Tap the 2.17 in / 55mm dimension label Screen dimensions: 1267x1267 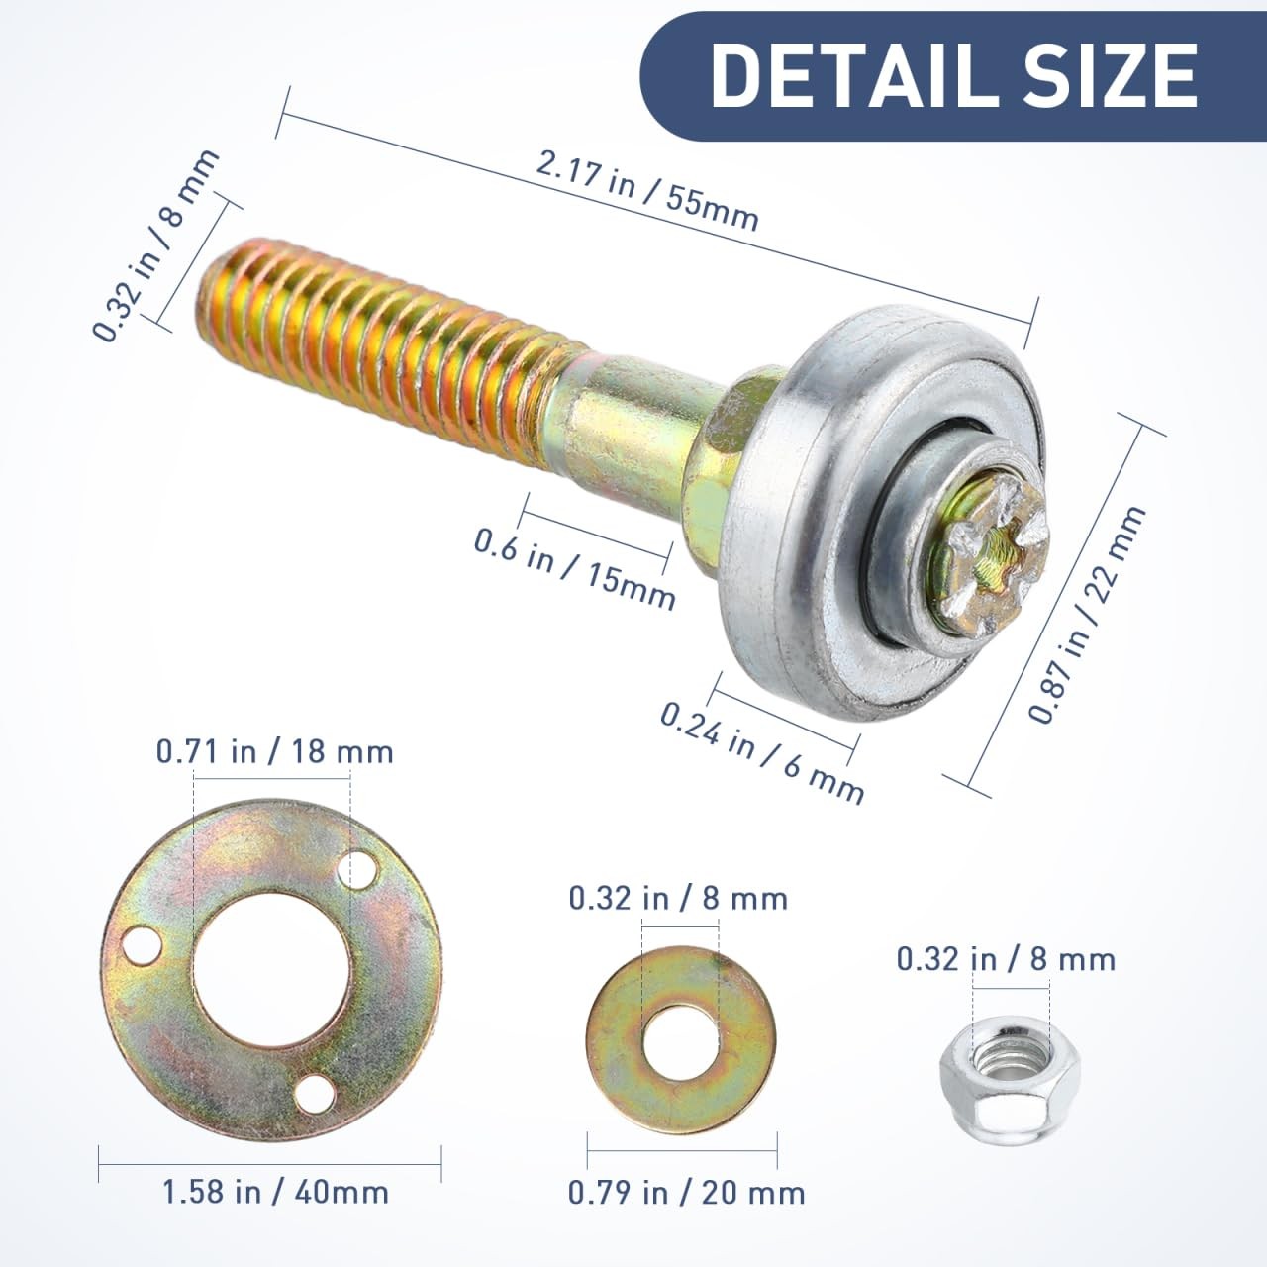[647, 191]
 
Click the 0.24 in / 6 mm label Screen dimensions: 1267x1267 [762, 753]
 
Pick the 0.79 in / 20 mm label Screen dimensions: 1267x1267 [686, 1194]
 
